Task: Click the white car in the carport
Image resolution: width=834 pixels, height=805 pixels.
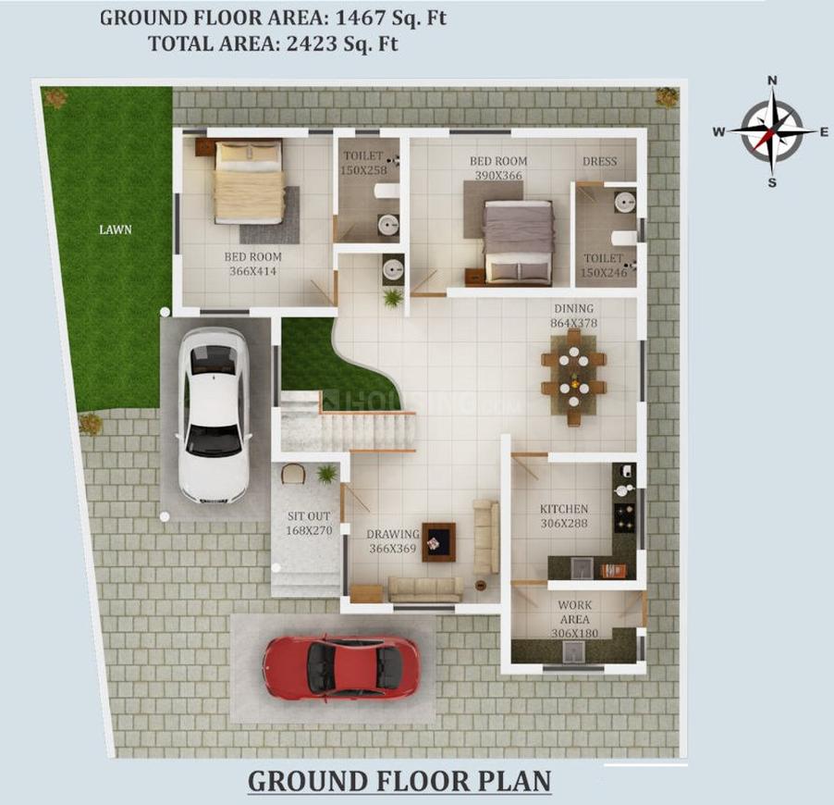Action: pyautogui.click(x=214, y=415)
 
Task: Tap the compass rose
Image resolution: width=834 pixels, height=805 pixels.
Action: pyautogui.click(x=771, y=131)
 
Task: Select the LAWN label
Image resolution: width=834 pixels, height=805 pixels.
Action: pyautogui.click(x=116, y=229)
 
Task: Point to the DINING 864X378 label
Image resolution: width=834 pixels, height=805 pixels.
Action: pyautogui.click(x=573, y=316)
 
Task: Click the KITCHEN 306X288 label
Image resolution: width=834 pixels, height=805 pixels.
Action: pyautogui.click(x=564, y=516)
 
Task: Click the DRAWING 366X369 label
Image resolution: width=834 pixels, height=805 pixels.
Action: pyautogui.click(x=393, y=541)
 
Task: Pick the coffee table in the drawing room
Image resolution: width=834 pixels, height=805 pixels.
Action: pyautogui.click(x=438, y=541)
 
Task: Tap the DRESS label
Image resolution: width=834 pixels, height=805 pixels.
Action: pyautogui.click(x=599, y=162)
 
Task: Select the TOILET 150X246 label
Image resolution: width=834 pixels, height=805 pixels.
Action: pyautogui.click(x=605, y=266)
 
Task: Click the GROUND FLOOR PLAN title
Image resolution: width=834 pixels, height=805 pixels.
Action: pyautogui.click(x=399, y=781)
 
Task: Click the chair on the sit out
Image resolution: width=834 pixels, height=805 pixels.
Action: pyautogui.click(x=293, y=473)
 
